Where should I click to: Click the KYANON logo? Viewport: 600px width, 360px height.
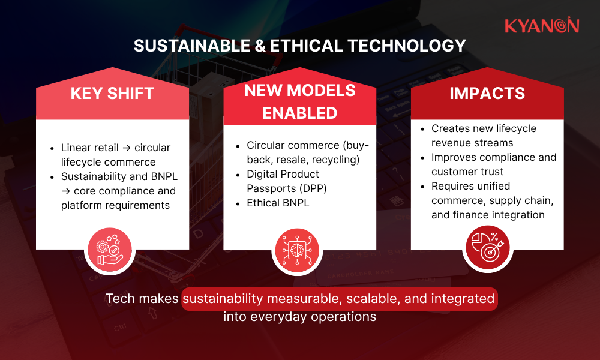541,25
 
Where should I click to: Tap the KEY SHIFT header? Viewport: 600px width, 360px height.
112,94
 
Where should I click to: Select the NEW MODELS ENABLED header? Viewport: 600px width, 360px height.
299,101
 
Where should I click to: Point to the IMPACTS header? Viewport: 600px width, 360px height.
487,94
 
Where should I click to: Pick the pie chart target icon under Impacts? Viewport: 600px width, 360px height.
487,248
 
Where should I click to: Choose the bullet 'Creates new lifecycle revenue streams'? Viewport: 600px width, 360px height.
484,136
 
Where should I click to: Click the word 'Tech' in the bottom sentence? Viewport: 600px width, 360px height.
119,298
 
